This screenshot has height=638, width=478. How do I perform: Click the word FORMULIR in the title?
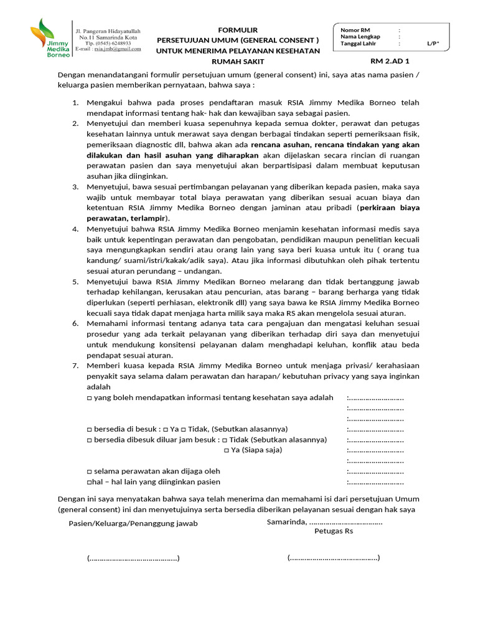coord(237,30)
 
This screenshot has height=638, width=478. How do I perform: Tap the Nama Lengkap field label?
coord(360,36)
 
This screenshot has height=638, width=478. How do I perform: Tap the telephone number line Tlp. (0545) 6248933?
coord(108,43)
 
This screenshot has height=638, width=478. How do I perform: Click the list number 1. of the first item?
coord(75,102)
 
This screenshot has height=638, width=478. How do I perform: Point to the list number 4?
coord(75,229)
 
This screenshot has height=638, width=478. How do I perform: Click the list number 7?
coord(75,366)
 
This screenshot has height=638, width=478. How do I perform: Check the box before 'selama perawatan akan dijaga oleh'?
coord(89,471)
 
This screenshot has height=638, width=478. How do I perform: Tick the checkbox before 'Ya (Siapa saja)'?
coord(227,450)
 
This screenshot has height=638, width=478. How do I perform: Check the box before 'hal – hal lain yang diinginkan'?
coord(89,482)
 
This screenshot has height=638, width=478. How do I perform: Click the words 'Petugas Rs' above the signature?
coord(334,531)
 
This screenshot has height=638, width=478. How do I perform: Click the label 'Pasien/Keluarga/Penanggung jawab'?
coord(133,523)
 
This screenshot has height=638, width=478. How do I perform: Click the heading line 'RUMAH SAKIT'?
coord(238,61)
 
